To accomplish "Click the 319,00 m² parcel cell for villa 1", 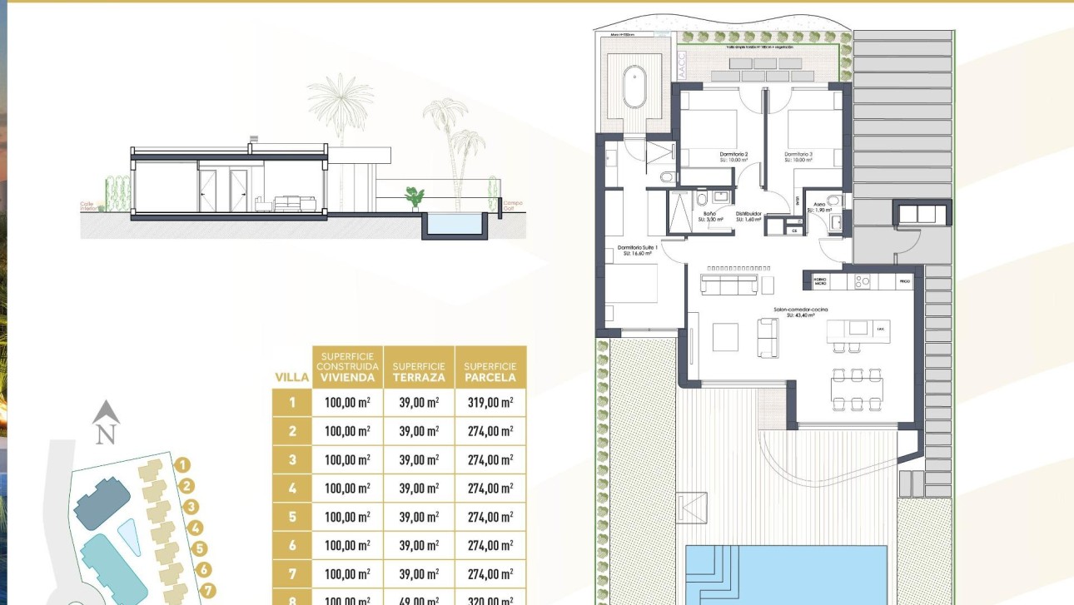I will pyautogui.click(x=490, y=403).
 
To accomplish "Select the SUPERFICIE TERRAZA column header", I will pyautogui.click(x=419, y=372).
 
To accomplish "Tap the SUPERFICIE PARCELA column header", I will pyautogui.click(x=490, y=372).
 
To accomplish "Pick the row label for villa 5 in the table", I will pyautogui.click(x=292, y=517).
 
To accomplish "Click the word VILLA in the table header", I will pyautogui.click(x=292, y=378).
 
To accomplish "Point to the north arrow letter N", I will pyautogui.click(x=105, y=434).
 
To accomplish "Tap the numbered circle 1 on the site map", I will pyautogui.click(x=183, y=466).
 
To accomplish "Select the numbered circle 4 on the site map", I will pyautogui.click(x=196, y=528).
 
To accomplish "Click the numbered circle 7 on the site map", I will pyautogui.click(x=208, y=591).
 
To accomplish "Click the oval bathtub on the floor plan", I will pyautogui.click(x=634, y=88).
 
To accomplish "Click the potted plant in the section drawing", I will pyautogui.click(x=414, y=197).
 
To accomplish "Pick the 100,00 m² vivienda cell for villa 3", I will pyautogui.click(x=347, y=460).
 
